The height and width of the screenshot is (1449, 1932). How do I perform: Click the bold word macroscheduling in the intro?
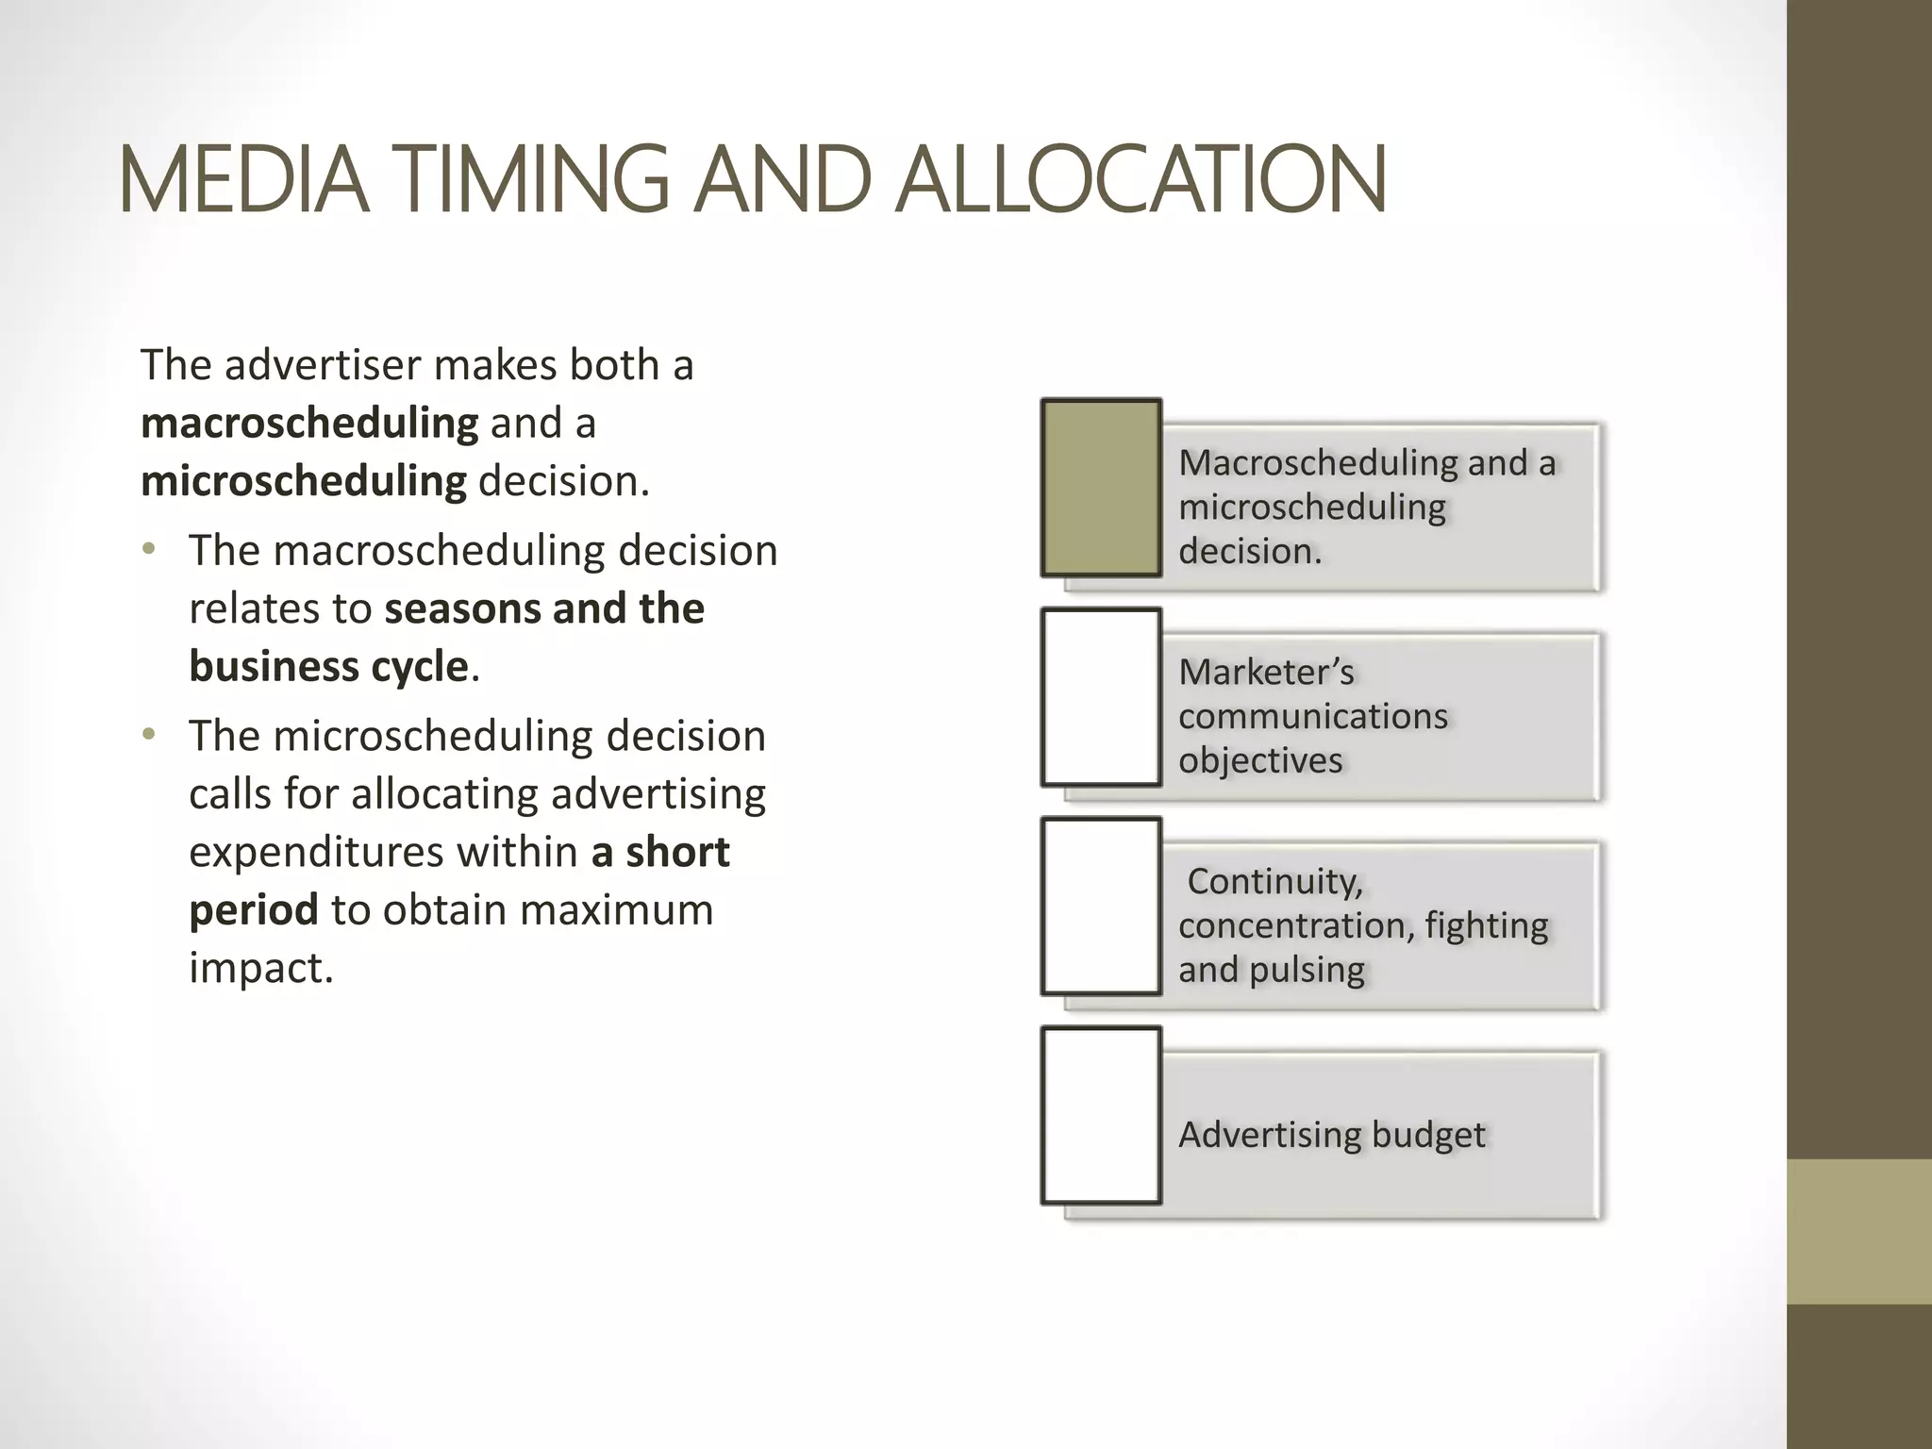[x=309, y=424]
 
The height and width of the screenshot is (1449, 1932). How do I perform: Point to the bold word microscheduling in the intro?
[x=303, y=482]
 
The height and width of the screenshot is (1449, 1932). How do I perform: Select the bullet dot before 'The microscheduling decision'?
[x=148, y=734]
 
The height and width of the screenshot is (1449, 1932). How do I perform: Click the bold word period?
[x=253, y=910]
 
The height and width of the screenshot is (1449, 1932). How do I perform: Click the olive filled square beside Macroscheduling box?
[x=1101, y=487]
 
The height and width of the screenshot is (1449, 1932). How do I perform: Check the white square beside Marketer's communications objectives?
[x=1101, y=697]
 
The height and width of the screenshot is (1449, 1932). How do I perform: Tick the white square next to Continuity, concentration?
[x=1101, y=907]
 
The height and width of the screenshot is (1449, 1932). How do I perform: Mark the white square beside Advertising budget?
[x=1101, y=1116]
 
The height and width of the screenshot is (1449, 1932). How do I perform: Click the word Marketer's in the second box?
[x=1266, y=673]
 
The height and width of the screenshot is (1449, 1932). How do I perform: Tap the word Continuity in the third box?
[x=1274, y=882]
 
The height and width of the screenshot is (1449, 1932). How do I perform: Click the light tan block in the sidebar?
[x=1859, y=1231]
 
